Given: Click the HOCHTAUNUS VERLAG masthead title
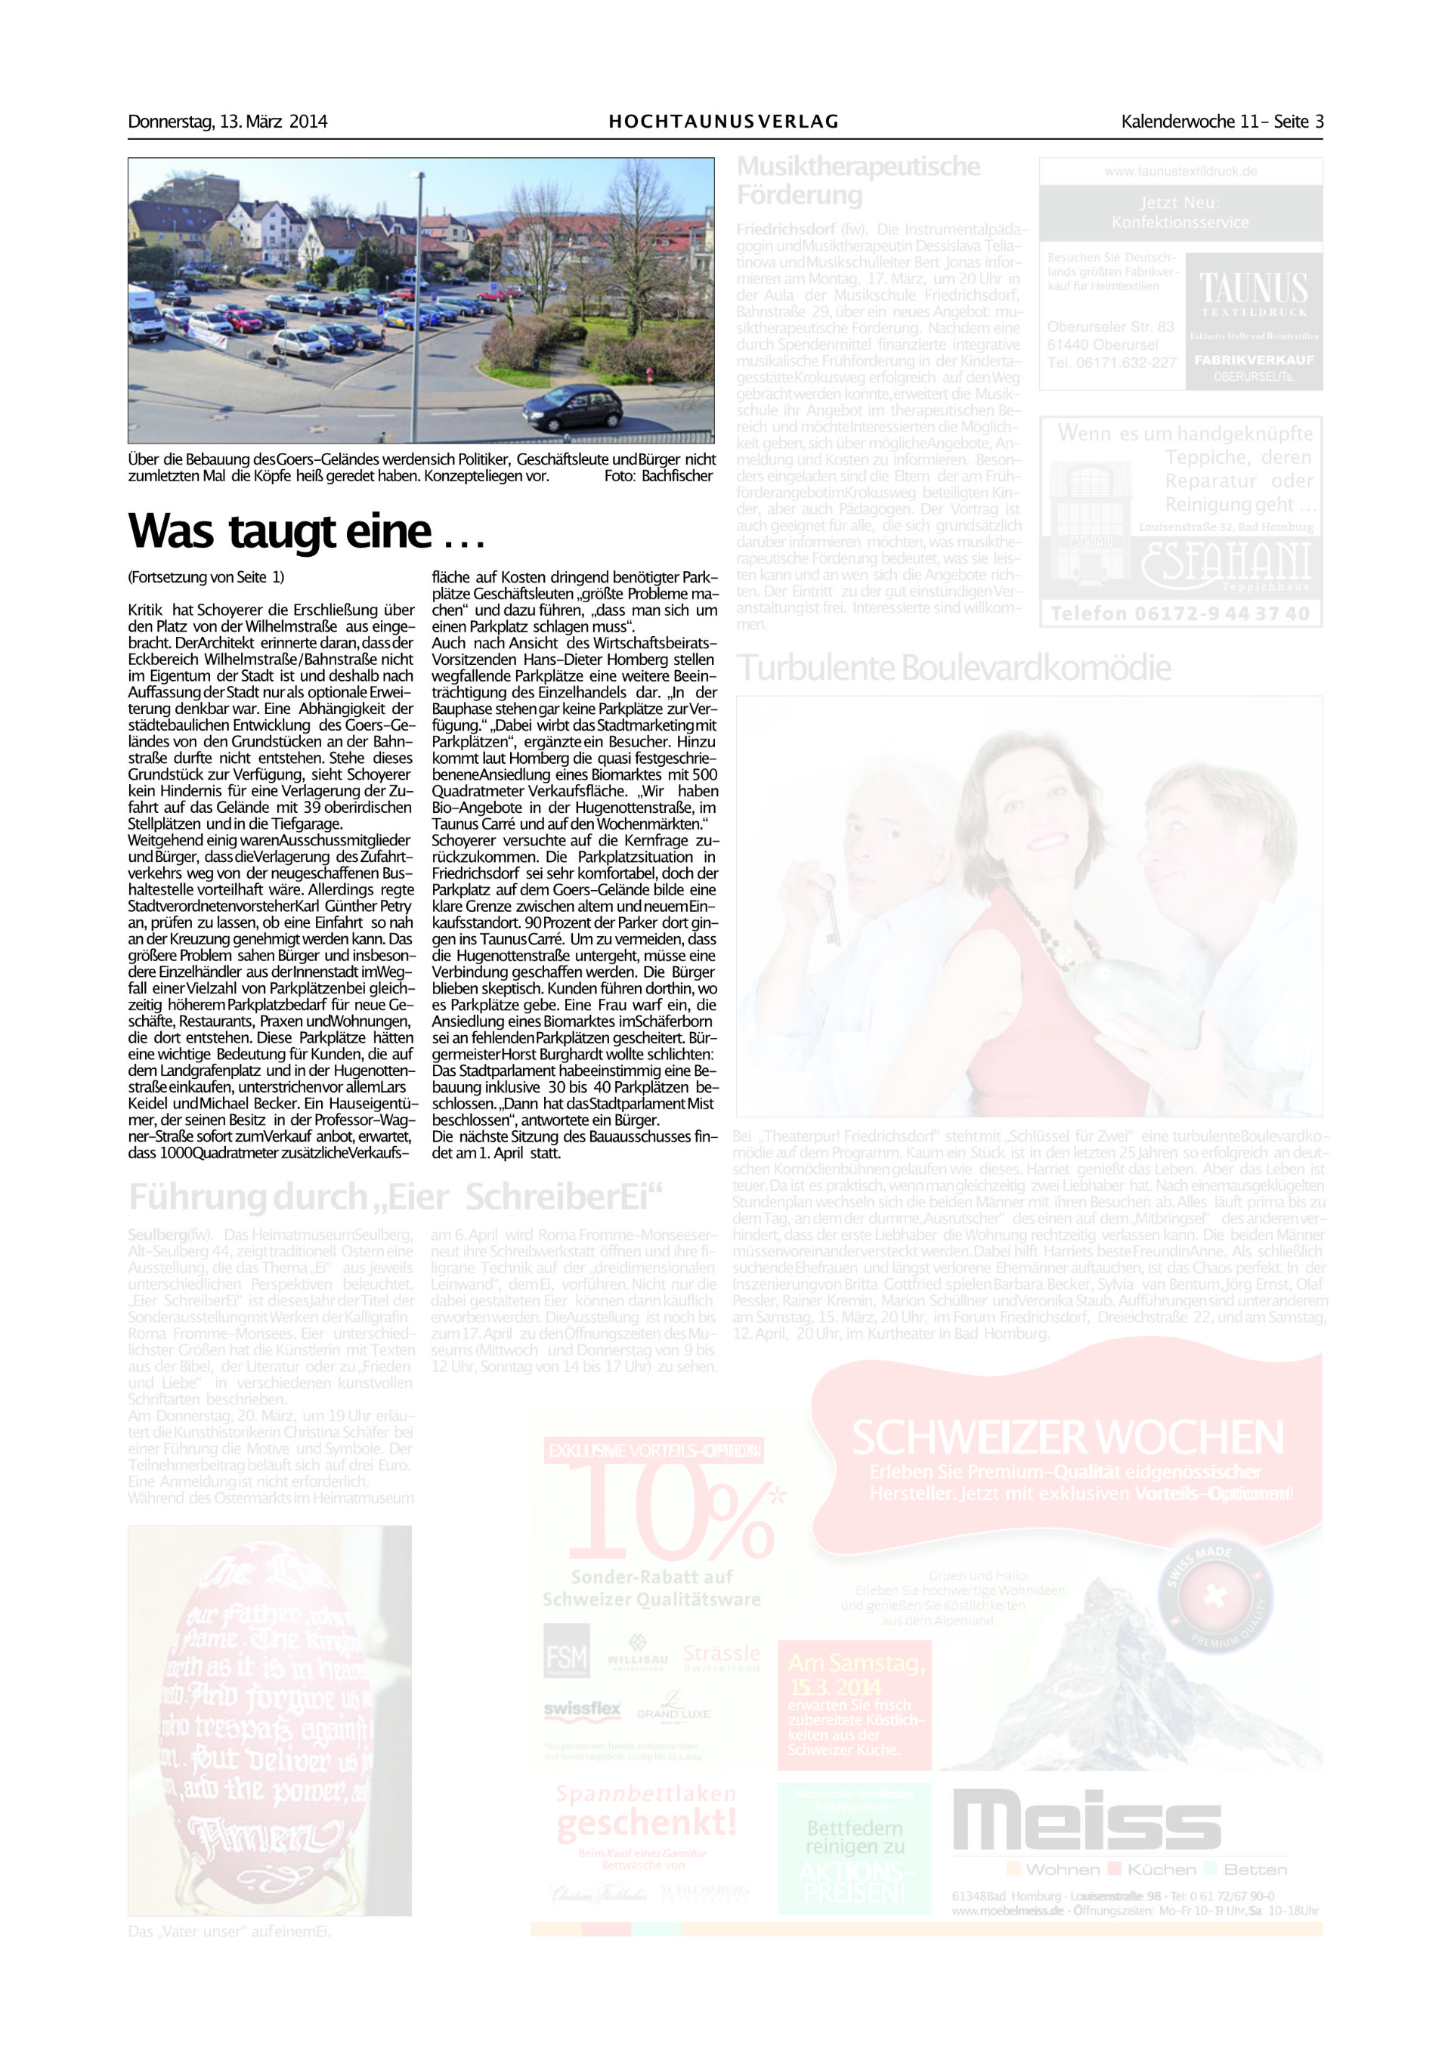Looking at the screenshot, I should click(723, 122).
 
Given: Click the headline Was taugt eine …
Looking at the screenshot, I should click(306, 532).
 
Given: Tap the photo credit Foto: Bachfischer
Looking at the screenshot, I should click(658, 475).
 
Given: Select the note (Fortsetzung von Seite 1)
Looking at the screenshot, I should click(206, 577).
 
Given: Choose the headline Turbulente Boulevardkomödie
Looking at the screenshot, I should click(953, 668).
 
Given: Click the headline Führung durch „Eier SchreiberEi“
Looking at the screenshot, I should click(395, 1197).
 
